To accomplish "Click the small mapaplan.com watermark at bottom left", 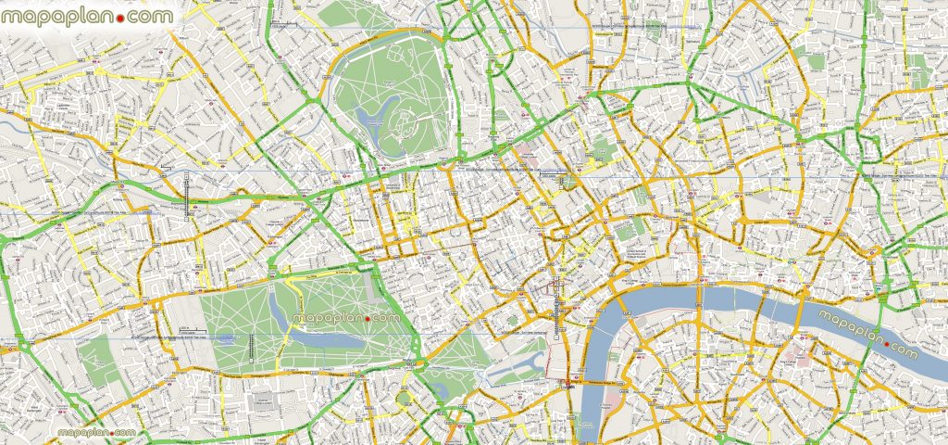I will [97, 433].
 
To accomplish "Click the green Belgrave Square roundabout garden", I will [405, 398].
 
